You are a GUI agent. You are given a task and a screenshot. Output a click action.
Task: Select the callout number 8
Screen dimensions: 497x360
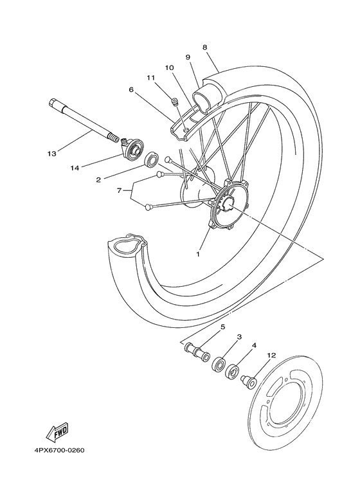[x=204, y=47]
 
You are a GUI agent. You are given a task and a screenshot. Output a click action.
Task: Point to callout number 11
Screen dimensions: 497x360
[x=150, y=78]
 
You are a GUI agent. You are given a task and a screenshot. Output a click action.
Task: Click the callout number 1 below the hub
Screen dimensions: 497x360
[x=198, y=254]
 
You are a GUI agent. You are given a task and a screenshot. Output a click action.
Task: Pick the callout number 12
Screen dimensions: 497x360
[x=271, y=355]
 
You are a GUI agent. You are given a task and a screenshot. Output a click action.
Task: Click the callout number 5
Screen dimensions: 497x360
[x=222, y=327]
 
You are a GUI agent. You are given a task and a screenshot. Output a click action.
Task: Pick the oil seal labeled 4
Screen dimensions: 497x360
[x=233, y=373]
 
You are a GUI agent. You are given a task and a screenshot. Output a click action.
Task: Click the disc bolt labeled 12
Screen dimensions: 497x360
[x=246, y=383]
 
